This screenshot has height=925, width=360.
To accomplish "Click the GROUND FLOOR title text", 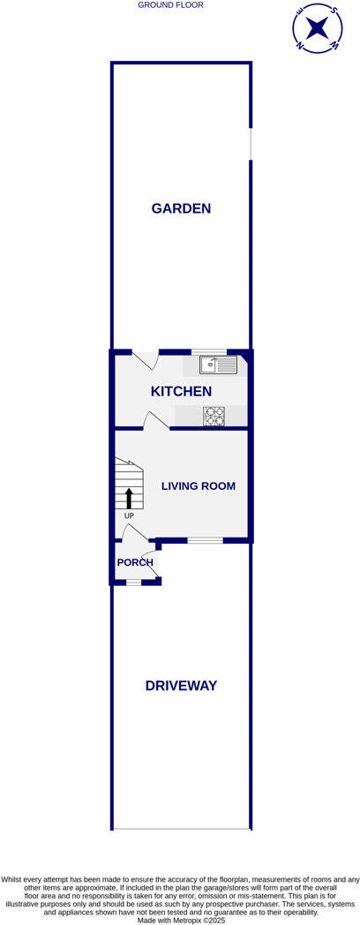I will click(x=170, y=5).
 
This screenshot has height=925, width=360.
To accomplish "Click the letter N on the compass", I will click(x=300, y=44).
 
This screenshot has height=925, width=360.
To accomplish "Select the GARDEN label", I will click(x=181, y=209).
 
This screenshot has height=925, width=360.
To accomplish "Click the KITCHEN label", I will click(x=181, y=391).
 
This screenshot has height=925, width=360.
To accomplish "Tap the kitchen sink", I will click(x=218, y=364).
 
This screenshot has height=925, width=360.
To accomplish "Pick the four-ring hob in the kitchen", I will click(x=214, y=417).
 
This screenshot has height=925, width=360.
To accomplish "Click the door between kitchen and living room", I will click(x=156, y=421).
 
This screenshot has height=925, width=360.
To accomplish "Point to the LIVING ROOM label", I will click(x=198, y=486).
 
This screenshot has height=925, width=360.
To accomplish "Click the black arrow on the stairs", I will click(x=129, y=498).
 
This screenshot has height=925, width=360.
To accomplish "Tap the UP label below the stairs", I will click(x=129, y=515).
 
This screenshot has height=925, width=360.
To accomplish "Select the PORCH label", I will click(x=135, y=562).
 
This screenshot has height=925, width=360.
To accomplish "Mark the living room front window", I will click(x=205, y=539).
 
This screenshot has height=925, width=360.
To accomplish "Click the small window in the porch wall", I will click(x=133, y=582).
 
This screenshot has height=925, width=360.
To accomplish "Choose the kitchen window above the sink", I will click(x=209, y=351).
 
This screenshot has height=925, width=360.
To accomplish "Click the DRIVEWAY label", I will click(x=181, y=686).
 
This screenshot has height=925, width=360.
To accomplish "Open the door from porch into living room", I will click(x=134, y=532).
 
